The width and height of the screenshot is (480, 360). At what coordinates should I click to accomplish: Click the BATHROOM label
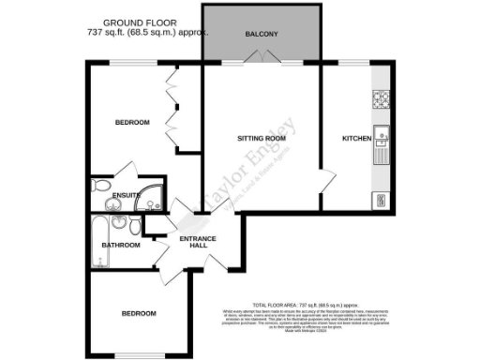click(x=121, y=246)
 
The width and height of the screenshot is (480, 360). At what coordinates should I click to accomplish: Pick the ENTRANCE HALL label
click(x=199, y=242)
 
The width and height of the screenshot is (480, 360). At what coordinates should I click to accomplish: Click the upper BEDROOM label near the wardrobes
click(x=132, y=123)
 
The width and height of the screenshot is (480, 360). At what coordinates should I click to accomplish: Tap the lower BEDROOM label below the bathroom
click(x=138, y=313)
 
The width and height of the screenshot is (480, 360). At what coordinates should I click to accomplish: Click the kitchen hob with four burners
click(x=381, y=97)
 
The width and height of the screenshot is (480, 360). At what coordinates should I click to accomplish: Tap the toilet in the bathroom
click(x=137, y=228)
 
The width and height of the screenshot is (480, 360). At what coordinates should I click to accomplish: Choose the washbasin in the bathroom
click(x=119, y=222)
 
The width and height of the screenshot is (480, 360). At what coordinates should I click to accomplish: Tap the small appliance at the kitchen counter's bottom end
click(x=381, y=199)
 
